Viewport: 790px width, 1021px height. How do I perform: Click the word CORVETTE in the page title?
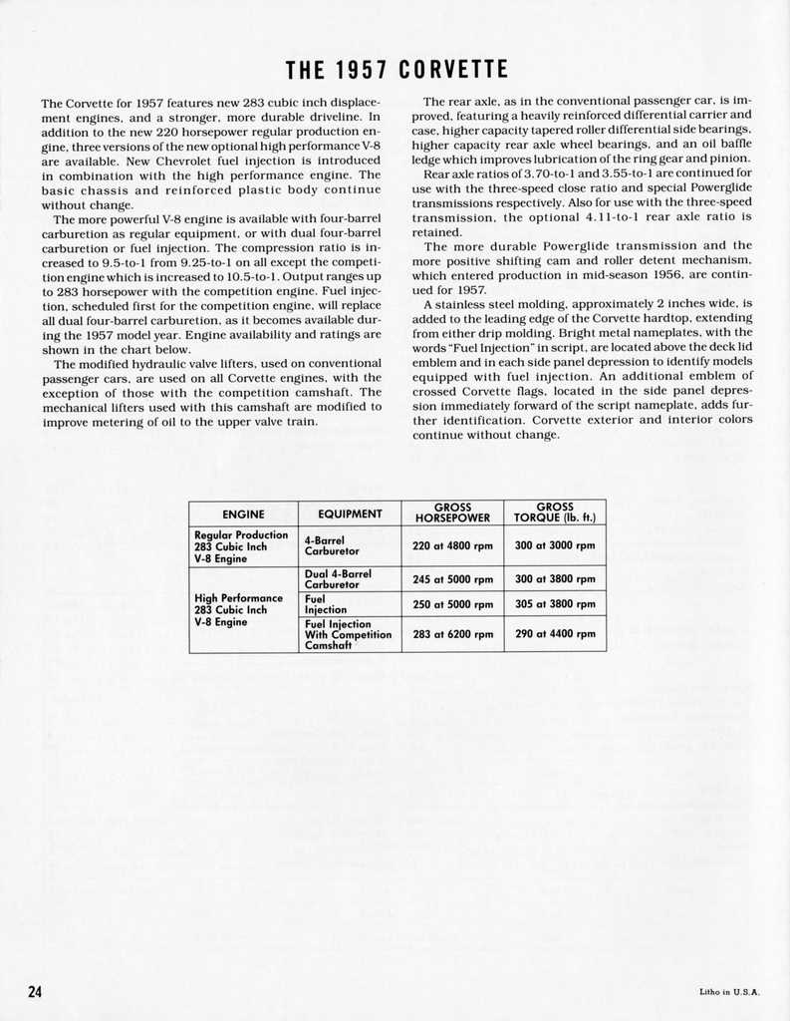(x=453, y=70)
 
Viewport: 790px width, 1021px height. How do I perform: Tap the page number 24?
(x=35, y=991)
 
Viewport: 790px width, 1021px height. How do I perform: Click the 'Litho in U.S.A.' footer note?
(x=730, y=991)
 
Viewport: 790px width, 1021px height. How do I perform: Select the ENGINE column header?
(x=243, y=513)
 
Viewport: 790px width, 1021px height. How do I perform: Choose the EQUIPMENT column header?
(x=350, y=513)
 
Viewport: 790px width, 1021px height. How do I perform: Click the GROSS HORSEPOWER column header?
(x=452, y=512)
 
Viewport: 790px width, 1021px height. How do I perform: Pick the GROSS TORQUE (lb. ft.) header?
(x=554, y=512)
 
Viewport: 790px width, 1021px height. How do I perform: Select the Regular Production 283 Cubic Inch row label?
(x=240, y=546)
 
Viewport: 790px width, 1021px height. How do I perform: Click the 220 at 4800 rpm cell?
(x=452, y=545)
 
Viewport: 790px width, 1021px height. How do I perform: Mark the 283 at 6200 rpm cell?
(x=452, y=634)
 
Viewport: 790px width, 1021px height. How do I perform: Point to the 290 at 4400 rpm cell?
(x=554, y=634)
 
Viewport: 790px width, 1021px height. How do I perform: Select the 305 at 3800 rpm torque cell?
(x=554, y=604)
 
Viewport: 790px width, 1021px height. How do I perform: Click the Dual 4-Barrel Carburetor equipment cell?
(x=338, y=579)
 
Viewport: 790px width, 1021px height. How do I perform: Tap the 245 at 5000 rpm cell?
(x=452, y=579)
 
